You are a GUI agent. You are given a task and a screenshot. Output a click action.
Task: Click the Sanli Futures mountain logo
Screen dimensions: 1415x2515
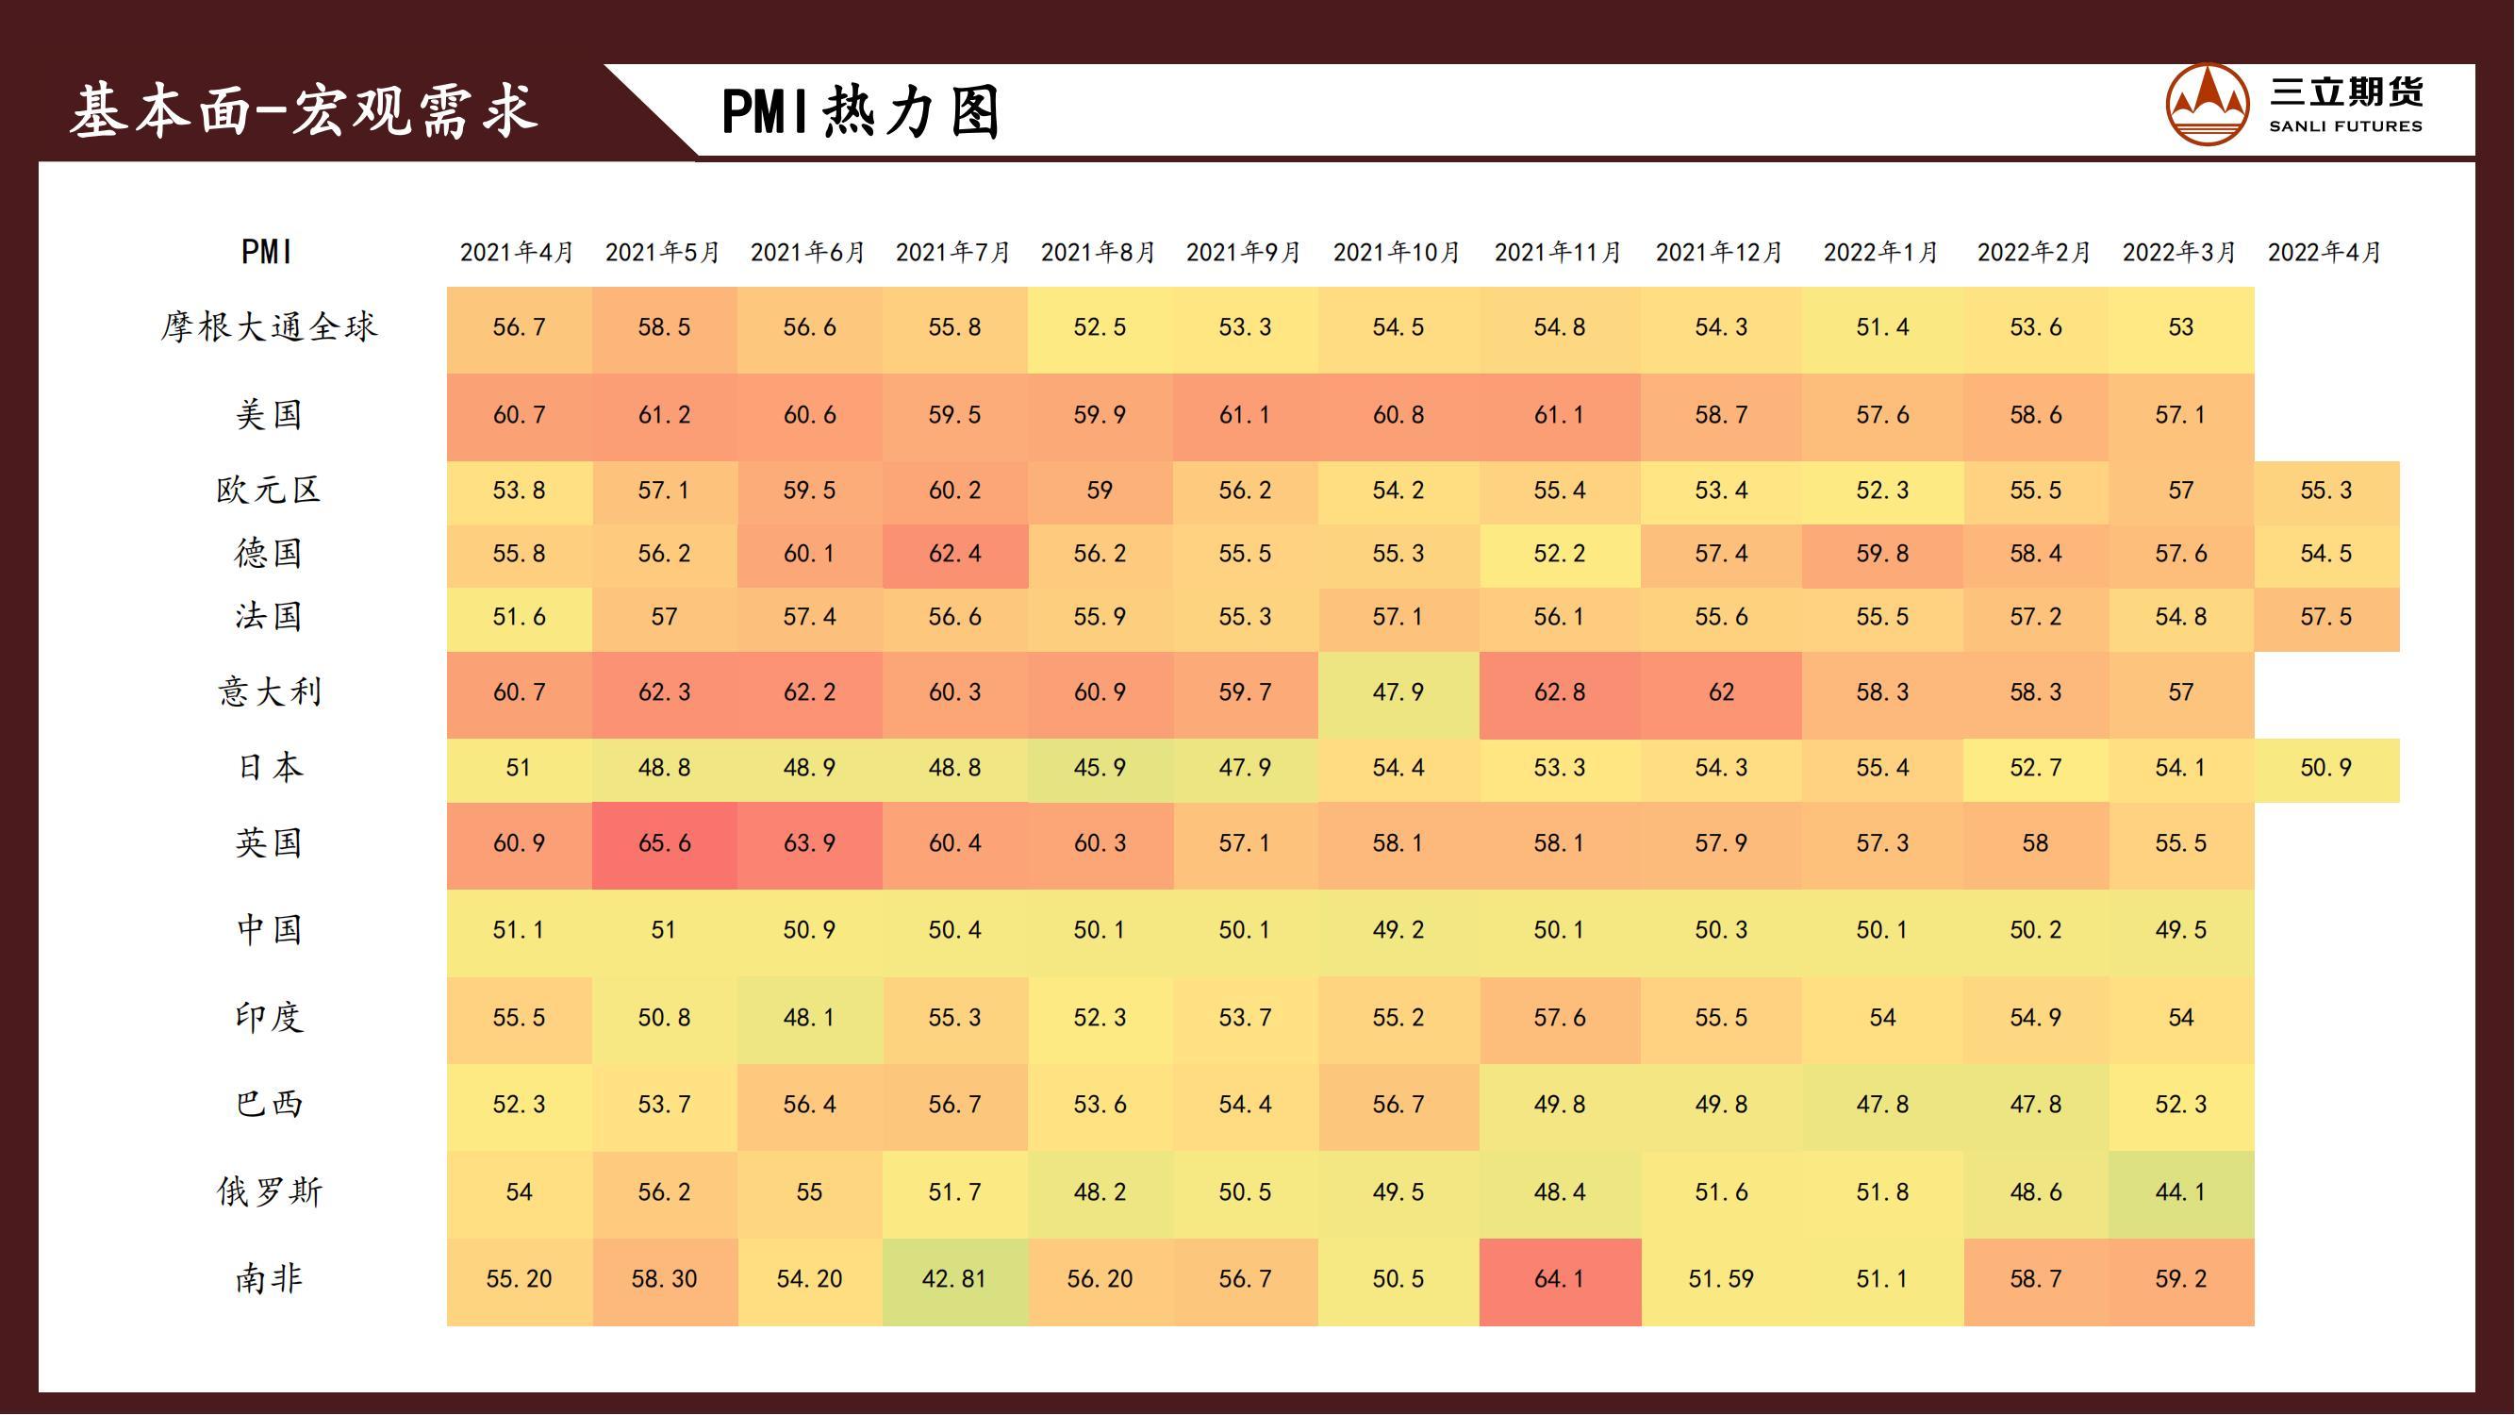pos(2207,106)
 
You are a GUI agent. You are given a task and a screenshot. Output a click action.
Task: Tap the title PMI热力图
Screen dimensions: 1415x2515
pos(861,111)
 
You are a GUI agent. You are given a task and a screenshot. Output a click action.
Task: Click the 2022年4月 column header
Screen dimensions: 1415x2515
pos(2325,253)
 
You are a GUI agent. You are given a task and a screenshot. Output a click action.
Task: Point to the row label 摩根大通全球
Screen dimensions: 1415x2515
pos(269,327)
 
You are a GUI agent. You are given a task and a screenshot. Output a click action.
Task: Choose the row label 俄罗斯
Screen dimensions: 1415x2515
pos(269,1192)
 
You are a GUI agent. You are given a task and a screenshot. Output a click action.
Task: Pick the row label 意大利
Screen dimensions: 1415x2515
pos(269,692)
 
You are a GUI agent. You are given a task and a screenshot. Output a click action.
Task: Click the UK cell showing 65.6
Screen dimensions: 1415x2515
pos(664,843)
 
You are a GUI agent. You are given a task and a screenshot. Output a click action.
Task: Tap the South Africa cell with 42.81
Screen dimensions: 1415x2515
pos(954,1279)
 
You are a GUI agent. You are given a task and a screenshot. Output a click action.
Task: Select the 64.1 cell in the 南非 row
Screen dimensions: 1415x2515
pos(1559,1279)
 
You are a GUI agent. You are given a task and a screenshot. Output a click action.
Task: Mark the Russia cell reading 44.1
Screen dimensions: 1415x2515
pos(2180,1192)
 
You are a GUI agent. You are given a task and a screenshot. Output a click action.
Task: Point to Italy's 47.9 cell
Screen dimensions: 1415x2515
pos(1398,692)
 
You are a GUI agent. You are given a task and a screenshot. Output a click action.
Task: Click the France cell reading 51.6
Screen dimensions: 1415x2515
pos(519,617)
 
